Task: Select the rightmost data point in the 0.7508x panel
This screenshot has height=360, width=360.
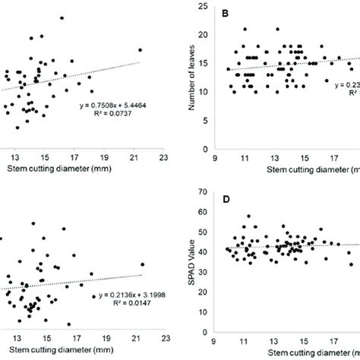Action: (140, 50)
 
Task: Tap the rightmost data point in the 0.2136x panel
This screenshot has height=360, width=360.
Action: (142, 265)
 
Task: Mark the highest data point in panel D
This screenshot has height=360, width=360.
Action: (248, 216)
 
